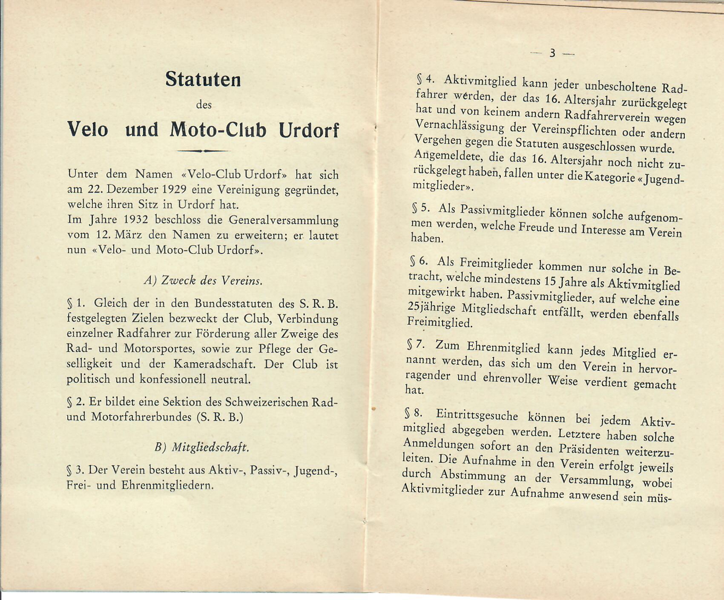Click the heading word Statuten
[203, 80]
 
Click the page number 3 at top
[552, 53]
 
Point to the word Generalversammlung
[283, 220]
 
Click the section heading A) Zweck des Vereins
[203, 280]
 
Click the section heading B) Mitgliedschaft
[202, 447]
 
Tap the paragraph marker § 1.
[76, 303]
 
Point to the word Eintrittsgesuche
[477, 415]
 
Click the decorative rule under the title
[203, 150]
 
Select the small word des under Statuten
[204, 105]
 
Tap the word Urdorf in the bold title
[309, 130]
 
